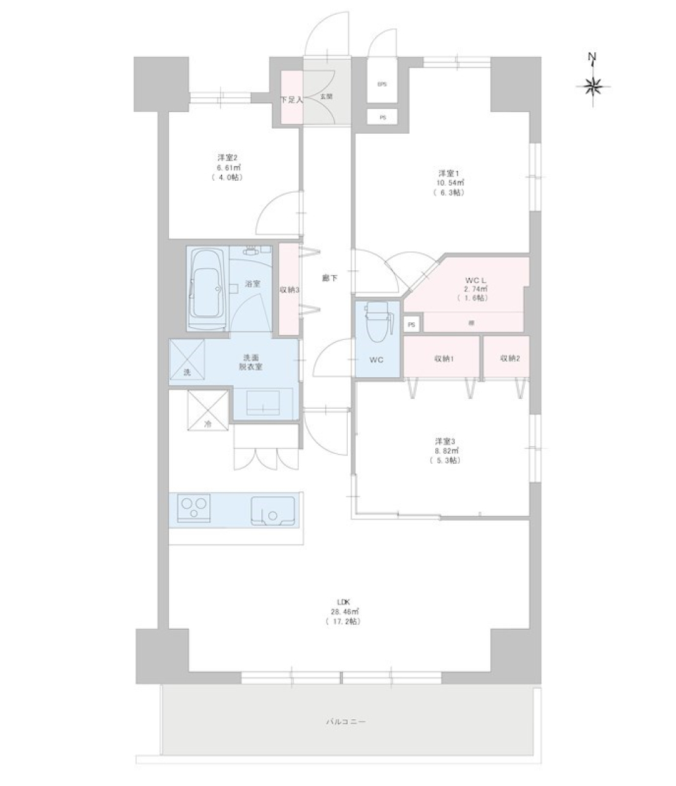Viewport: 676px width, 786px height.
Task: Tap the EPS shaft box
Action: [382, 85]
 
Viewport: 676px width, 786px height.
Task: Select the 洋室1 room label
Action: [449, 173]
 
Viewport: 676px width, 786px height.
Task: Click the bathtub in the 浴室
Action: [207, 287]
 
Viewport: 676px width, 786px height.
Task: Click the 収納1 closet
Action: [442, 358]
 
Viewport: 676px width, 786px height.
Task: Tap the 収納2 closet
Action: [510, 358]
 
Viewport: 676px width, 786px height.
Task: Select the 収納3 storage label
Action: [289, 289]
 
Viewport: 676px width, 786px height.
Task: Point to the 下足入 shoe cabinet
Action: [292, 99]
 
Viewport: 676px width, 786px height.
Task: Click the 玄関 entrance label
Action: [327, 96]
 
